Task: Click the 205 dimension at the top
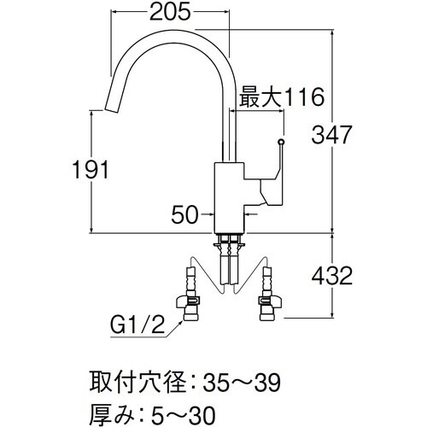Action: click(171, 13)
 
